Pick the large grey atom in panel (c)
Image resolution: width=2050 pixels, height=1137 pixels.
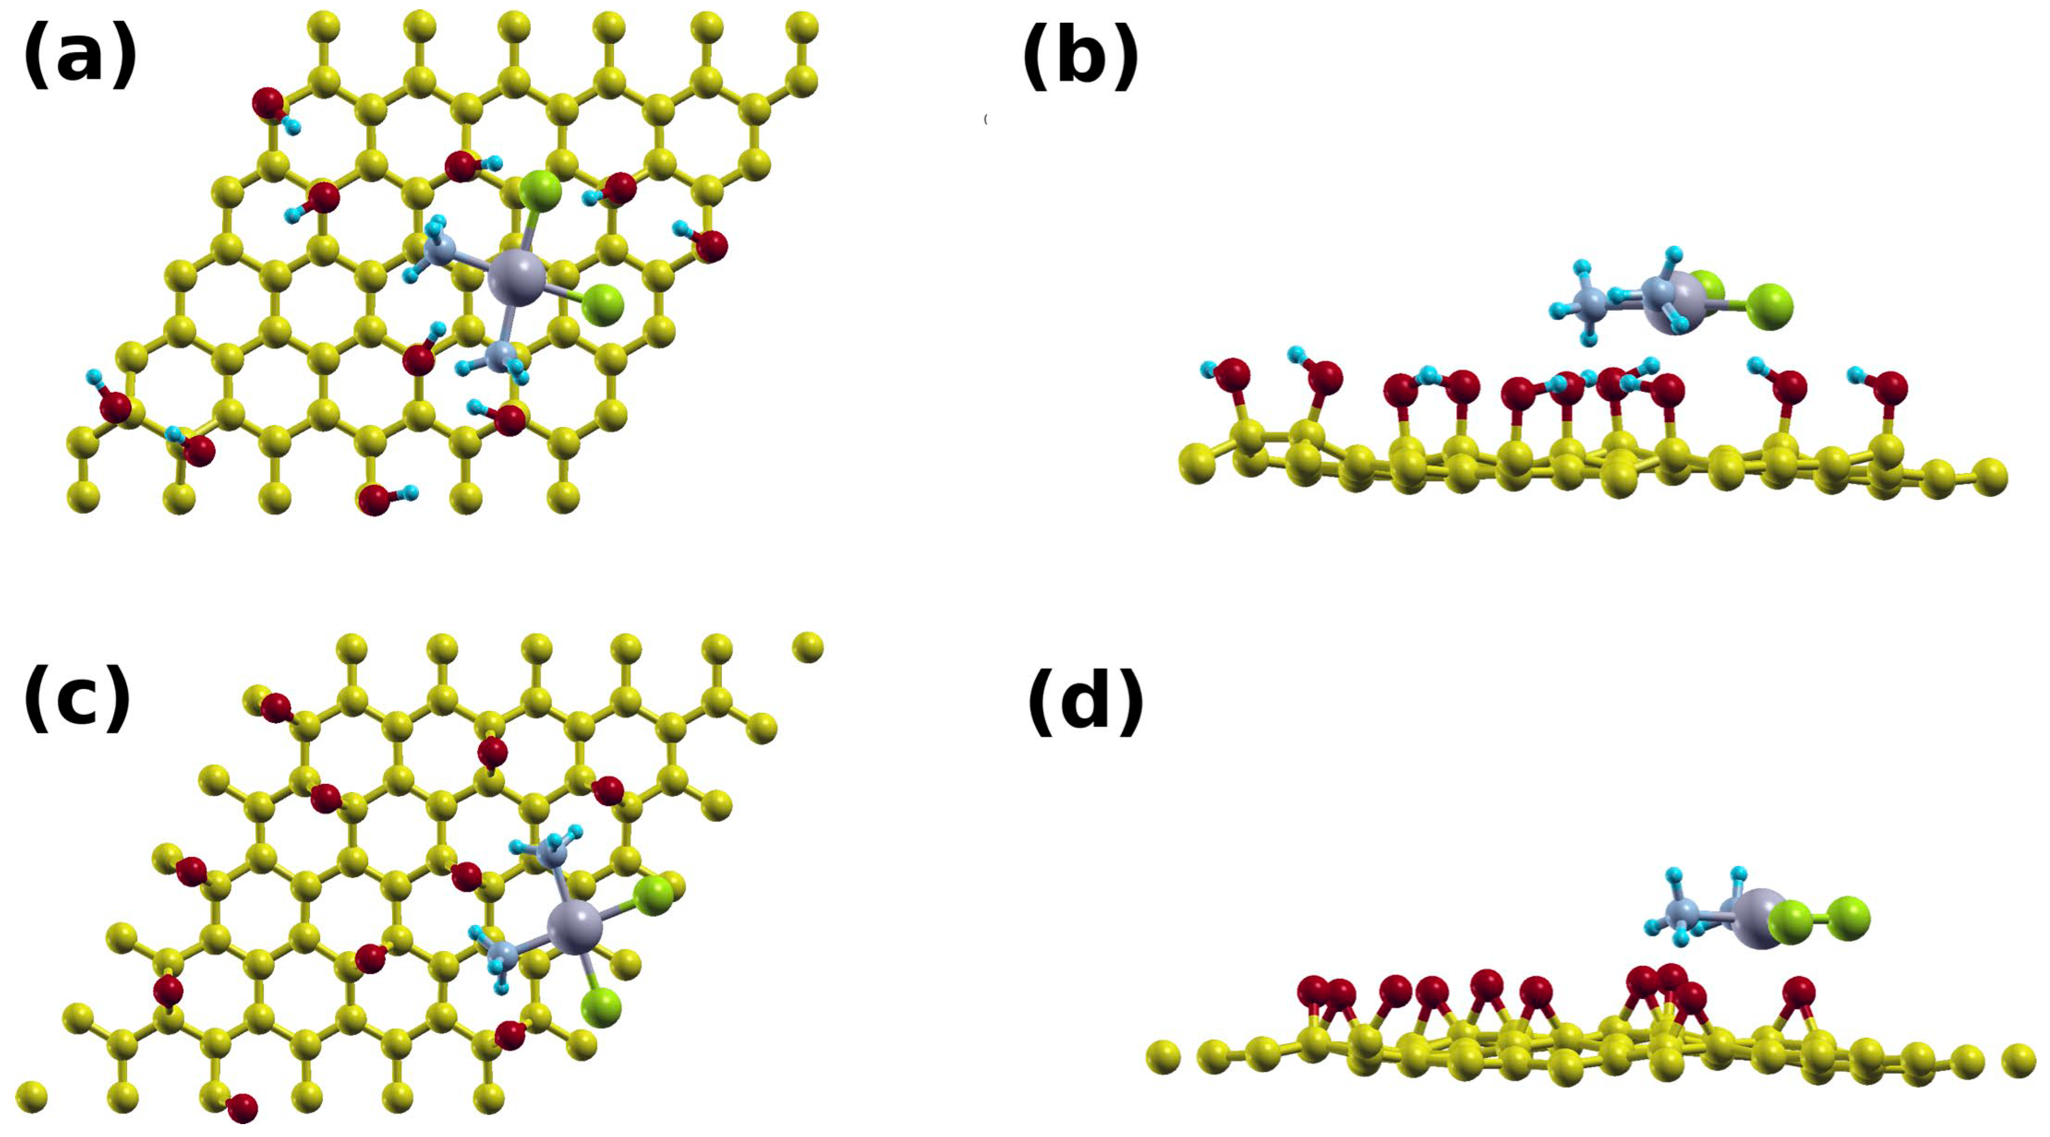click(x=575, y=927)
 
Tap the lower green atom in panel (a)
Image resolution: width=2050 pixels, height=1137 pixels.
click(x=603, y=304)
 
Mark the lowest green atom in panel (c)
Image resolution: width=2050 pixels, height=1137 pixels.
click(x=602, y=1007)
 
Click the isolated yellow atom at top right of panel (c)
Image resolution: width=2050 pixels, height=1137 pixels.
click(x=808, y=647)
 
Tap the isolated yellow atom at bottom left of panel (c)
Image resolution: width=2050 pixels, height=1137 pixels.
click(x=31, y=1096)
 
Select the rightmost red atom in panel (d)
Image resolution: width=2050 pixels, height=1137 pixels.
click(x=1798, y=993)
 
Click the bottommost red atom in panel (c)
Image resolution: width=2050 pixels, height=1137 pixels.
click(x=242, y=1107)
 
